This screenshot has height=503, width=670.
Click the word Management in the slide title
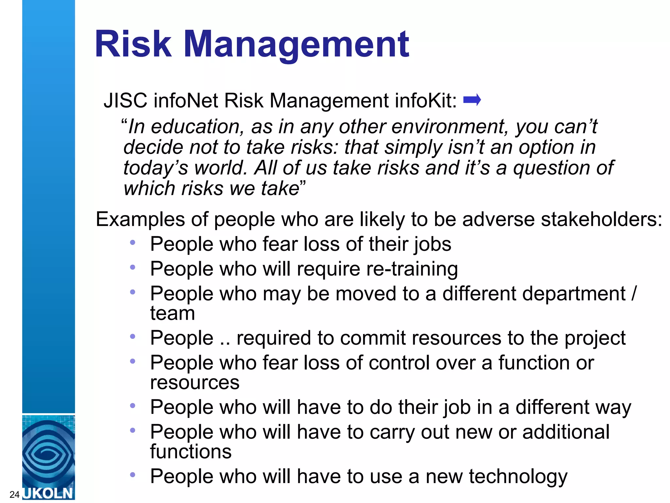coord(296,45)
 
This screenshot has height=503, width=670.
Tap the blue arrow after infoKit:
coord(472,100)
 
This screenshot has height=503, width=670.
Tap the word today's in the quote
coord(156,168)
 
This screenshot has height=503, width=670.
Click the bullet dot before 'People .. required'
coord(132,336)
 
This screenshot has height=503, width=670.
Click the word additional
coord(566,432)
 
